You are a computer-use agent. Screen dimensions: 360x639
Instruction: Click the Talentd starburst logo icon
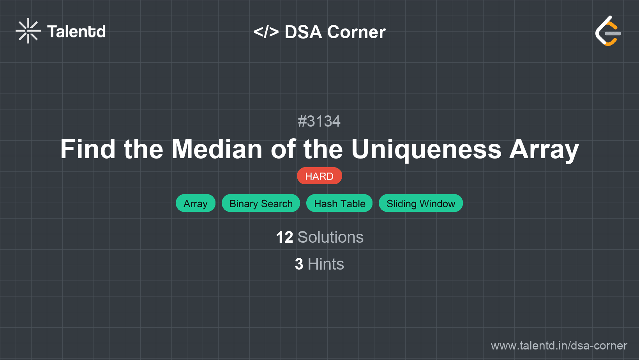pos(28,31)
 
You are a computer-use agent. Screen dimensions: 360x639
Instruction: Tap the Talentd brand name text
pos(76,32)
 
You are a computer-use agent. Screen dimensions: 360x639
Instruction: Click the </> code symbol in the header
pos(266,32)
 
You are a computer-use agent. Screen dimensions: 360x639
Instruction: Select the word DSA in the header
pos(303,32)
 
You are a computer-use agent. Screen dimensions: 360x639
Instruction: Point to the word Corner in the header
pos(356,32)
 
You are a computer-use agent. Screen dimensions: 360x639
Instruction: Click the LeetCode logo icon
pos(608,31)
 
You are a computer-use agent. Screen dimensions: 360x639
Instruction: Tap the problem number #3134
pos(319,121)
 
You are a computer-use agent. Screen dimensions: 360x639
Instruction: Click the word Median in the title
pos(217,149)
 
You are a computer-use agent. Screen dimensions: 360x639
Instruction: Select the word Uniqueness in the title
pos(426,149)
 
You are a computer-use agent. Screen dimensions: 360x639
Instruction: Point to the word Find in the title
pos(88,149)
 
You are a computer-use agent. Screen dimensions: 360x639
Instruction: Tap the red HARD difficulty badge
pos(319,176)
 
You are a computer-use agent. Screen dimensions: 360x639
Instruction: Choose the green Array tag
pos(195,203)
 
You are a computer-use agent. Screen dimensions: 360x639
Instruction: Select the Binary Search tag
pos(261,203)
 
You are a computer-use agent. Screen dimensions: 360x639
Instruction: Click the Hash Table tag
pos(339,203)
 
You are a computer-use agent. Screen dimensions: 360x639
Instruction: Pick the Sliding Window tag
pos(420,203)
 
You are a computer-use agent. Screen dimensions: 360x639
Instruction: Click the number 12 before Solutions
pos(284,237)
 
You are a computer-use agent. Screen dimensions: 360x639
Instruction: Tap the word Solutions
pos(330,237)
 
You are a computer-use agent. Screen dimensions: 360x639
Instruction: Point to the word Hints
pos(326,264)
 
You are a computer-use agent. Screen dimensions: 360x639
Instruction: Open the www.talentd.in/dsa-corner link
pos(559,346)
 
